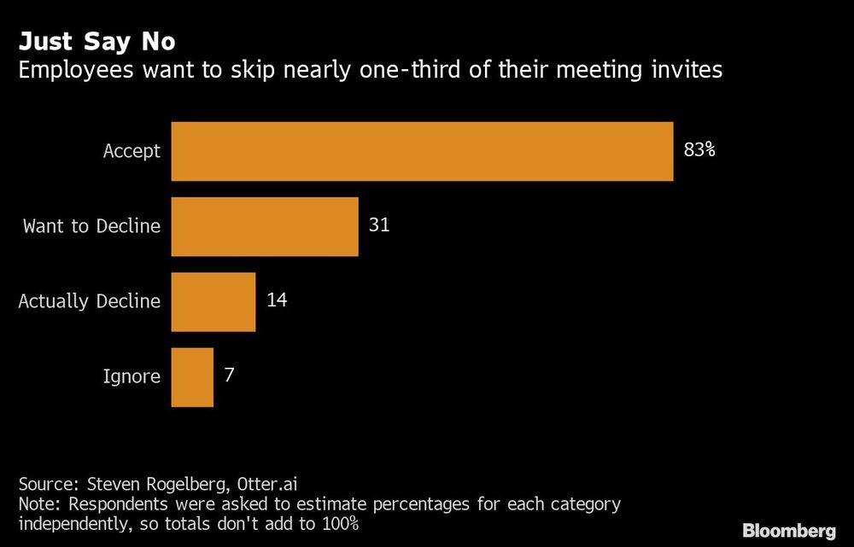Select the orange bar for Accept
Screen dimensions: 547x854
coord(422,151)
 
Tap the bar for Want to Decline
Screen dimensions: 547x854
coord(265,226)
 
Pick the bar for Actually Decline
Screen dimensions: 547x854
coord(213,301)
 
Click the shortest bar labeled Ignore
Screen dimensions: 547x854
coord(192,376)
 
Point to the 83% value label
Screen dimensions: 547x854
coord(699,151)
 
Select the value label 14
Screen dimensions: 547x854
coord(276,301)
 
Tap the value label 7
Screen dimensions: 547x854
coord(229,376)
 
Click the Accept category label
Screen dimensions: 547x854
coord(132,152)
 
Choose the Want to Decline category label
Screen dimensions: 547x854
coord(91,227)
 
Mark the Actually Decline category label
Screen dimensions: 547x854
coord(89,302)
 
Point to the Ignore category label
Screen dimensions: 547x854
coord(132,377)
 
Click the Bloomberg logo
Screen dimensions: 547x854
coord(790,531)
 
